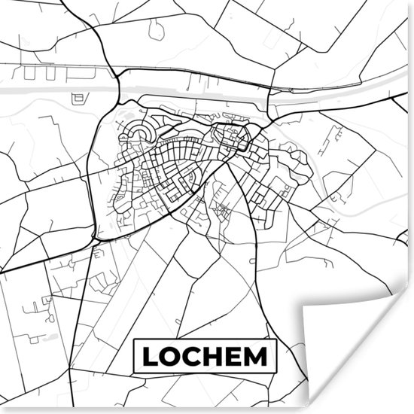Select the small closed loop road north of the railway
tap(156, 29)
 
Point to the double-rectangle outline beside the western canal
tap(78, 98)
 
